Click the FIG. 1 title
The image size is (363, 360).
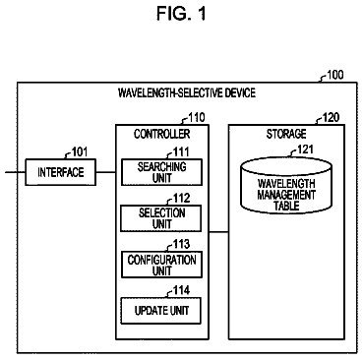[x=181, y=14]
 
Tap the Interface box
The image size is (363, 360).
[x=61, y=172]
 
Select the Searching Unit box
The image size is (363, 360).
[x=161, y=172]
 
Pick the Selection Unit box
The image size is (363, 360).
[x=161, y=218]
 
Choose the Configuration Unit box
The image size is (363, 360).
[x=161, y=265]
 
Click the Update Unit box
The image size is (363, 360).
[x=161, y=311]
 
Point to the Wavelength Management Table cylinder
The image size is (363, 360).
[x=286, y=186]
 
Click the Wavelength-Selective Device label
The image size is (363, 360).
[x=187, y=92]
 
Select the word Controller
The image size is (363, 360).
[x=161, y=134]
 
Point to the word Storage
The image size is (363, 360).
[x=286, y=134]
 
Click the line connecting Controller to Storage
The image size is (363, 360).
[x=218, y=232]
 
